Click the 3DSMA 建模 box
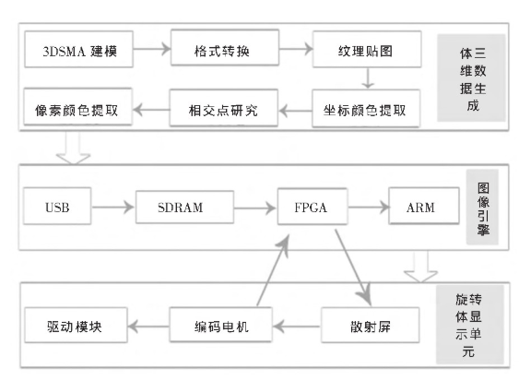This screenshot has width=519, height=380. [x=78, y=50]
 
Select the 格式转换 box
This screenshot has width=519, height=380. [x=225, y=48]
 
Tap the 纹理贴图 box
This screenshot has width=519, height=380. [x=367, y=49]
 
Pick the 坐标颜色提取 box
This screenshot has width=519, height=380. [x=366, y=108]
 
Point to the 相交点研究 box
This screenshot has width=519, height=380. [x=223, y=108]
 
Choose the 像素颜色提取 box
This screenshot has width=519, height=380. [x=77, y=107]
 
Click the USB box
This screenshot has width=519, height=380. [x=57, y=206]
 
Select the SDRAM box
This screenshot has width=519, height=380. [x=184, y=207]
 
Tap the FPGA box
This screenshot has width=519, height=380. [x=313, y=207]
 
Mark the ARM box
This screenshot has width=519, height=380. [x=424, y=206]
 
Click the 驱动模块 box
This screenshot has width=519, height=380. [x=77, y=325]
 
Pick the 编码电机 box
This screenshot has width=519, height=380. [x=220, y=325]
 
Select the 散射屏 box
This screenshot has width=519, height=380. [x=370, y=325]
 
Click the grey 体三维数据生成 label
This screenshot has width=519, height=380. [x=471, y=77]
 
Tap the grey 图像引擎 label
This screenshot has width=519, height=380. [x=482, y=207]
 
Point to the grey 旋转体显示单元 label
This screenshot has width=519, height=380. [x=470, y=325]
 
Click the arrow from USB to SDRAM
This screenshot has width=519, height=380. [x=112, y=208]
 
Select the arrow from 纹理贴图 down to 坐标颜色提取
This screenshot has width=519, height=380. [x=368, y=78]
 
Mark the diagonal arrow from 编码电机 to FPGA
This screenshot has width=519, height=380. [x=273, y=270]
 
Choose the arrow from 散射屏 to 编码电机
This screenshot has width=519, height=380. [x=297, y=327]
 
